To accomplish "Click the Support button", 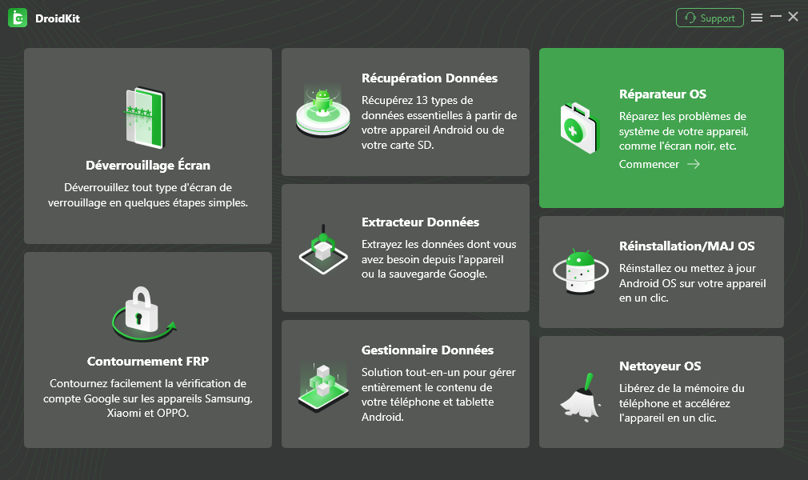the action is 710,18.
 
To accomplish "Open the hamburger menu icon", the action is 757,18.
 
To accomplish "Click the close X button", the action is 793,17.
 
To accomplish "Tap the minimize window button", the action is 775,17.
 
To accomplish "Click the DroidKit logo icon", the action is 18,18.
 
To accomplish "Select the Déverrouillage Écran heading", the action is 148,166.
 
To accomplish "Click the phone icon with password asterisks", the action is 145,118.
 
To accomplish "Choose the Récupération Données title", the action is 430,78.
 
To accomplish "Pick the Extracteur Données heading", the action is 420,222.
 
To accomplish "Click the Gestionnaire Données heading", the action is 427,350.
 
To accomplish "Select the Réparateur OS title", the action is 662,94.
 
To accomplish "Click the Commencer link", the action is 649,165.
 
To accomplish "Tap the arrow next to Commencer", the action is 694,164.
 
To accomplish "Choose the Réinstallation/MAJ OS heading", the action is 686,246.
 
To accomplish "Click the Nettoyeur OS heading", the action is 659,366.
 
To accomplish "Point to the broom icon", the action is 581,398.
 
